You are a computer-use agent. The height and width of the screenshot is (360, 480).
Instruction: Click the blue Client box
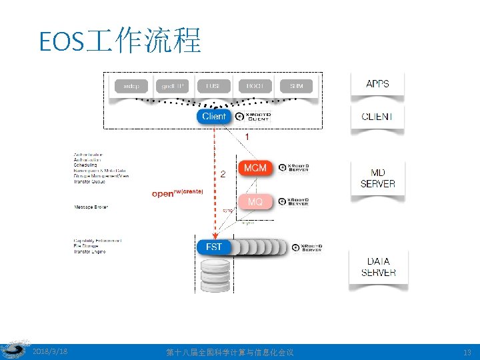pos(214,117)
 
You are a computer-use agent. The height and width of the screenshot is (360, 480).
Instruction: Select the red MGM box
pos(255,167)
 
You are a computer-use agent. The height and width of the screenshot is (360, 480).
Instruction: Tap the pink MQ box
pos(255,201)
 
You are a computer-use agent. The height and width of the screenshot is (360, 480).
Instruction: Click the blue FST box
pos(214,247)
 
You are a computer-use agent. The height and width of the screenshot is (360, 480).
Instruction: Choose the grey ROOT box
pos(254,86)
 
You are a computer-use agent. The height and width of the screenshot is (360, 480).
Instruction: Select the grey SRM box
pos(295,86)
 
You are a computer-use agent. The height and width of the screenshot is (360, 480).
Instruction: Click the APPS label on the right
pos(377,84)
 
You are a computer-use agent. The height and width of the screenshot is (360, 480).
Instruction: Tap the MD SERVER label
pos(377,178)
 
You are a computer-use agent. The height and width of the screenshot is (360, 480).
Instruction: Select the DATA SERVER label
pos(378,267)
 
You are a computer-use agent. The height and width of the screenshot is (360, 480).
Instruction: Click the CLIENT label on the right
pos(377,117)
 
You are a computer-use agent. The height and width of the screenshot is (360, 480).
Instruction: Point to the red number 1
pos(247,136)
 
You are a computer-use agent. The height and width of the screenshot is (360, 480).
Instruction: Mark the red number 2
pos(223,173)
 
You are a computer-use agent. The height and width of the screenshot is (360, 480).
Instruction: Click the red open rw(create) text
pos(177,193)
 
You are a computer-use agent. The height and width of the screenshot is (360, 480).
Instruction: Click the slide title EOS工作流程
pos(120,41)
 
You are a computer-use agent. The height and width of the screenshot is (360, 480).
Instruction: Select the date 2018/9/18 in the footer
pos(50,351)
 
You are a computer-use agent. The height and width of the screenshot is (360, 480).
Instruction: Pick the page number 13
pos(466,352)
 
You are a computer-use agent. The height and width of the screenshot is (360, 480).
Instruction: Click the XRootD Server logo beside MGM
pos(294,167)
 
